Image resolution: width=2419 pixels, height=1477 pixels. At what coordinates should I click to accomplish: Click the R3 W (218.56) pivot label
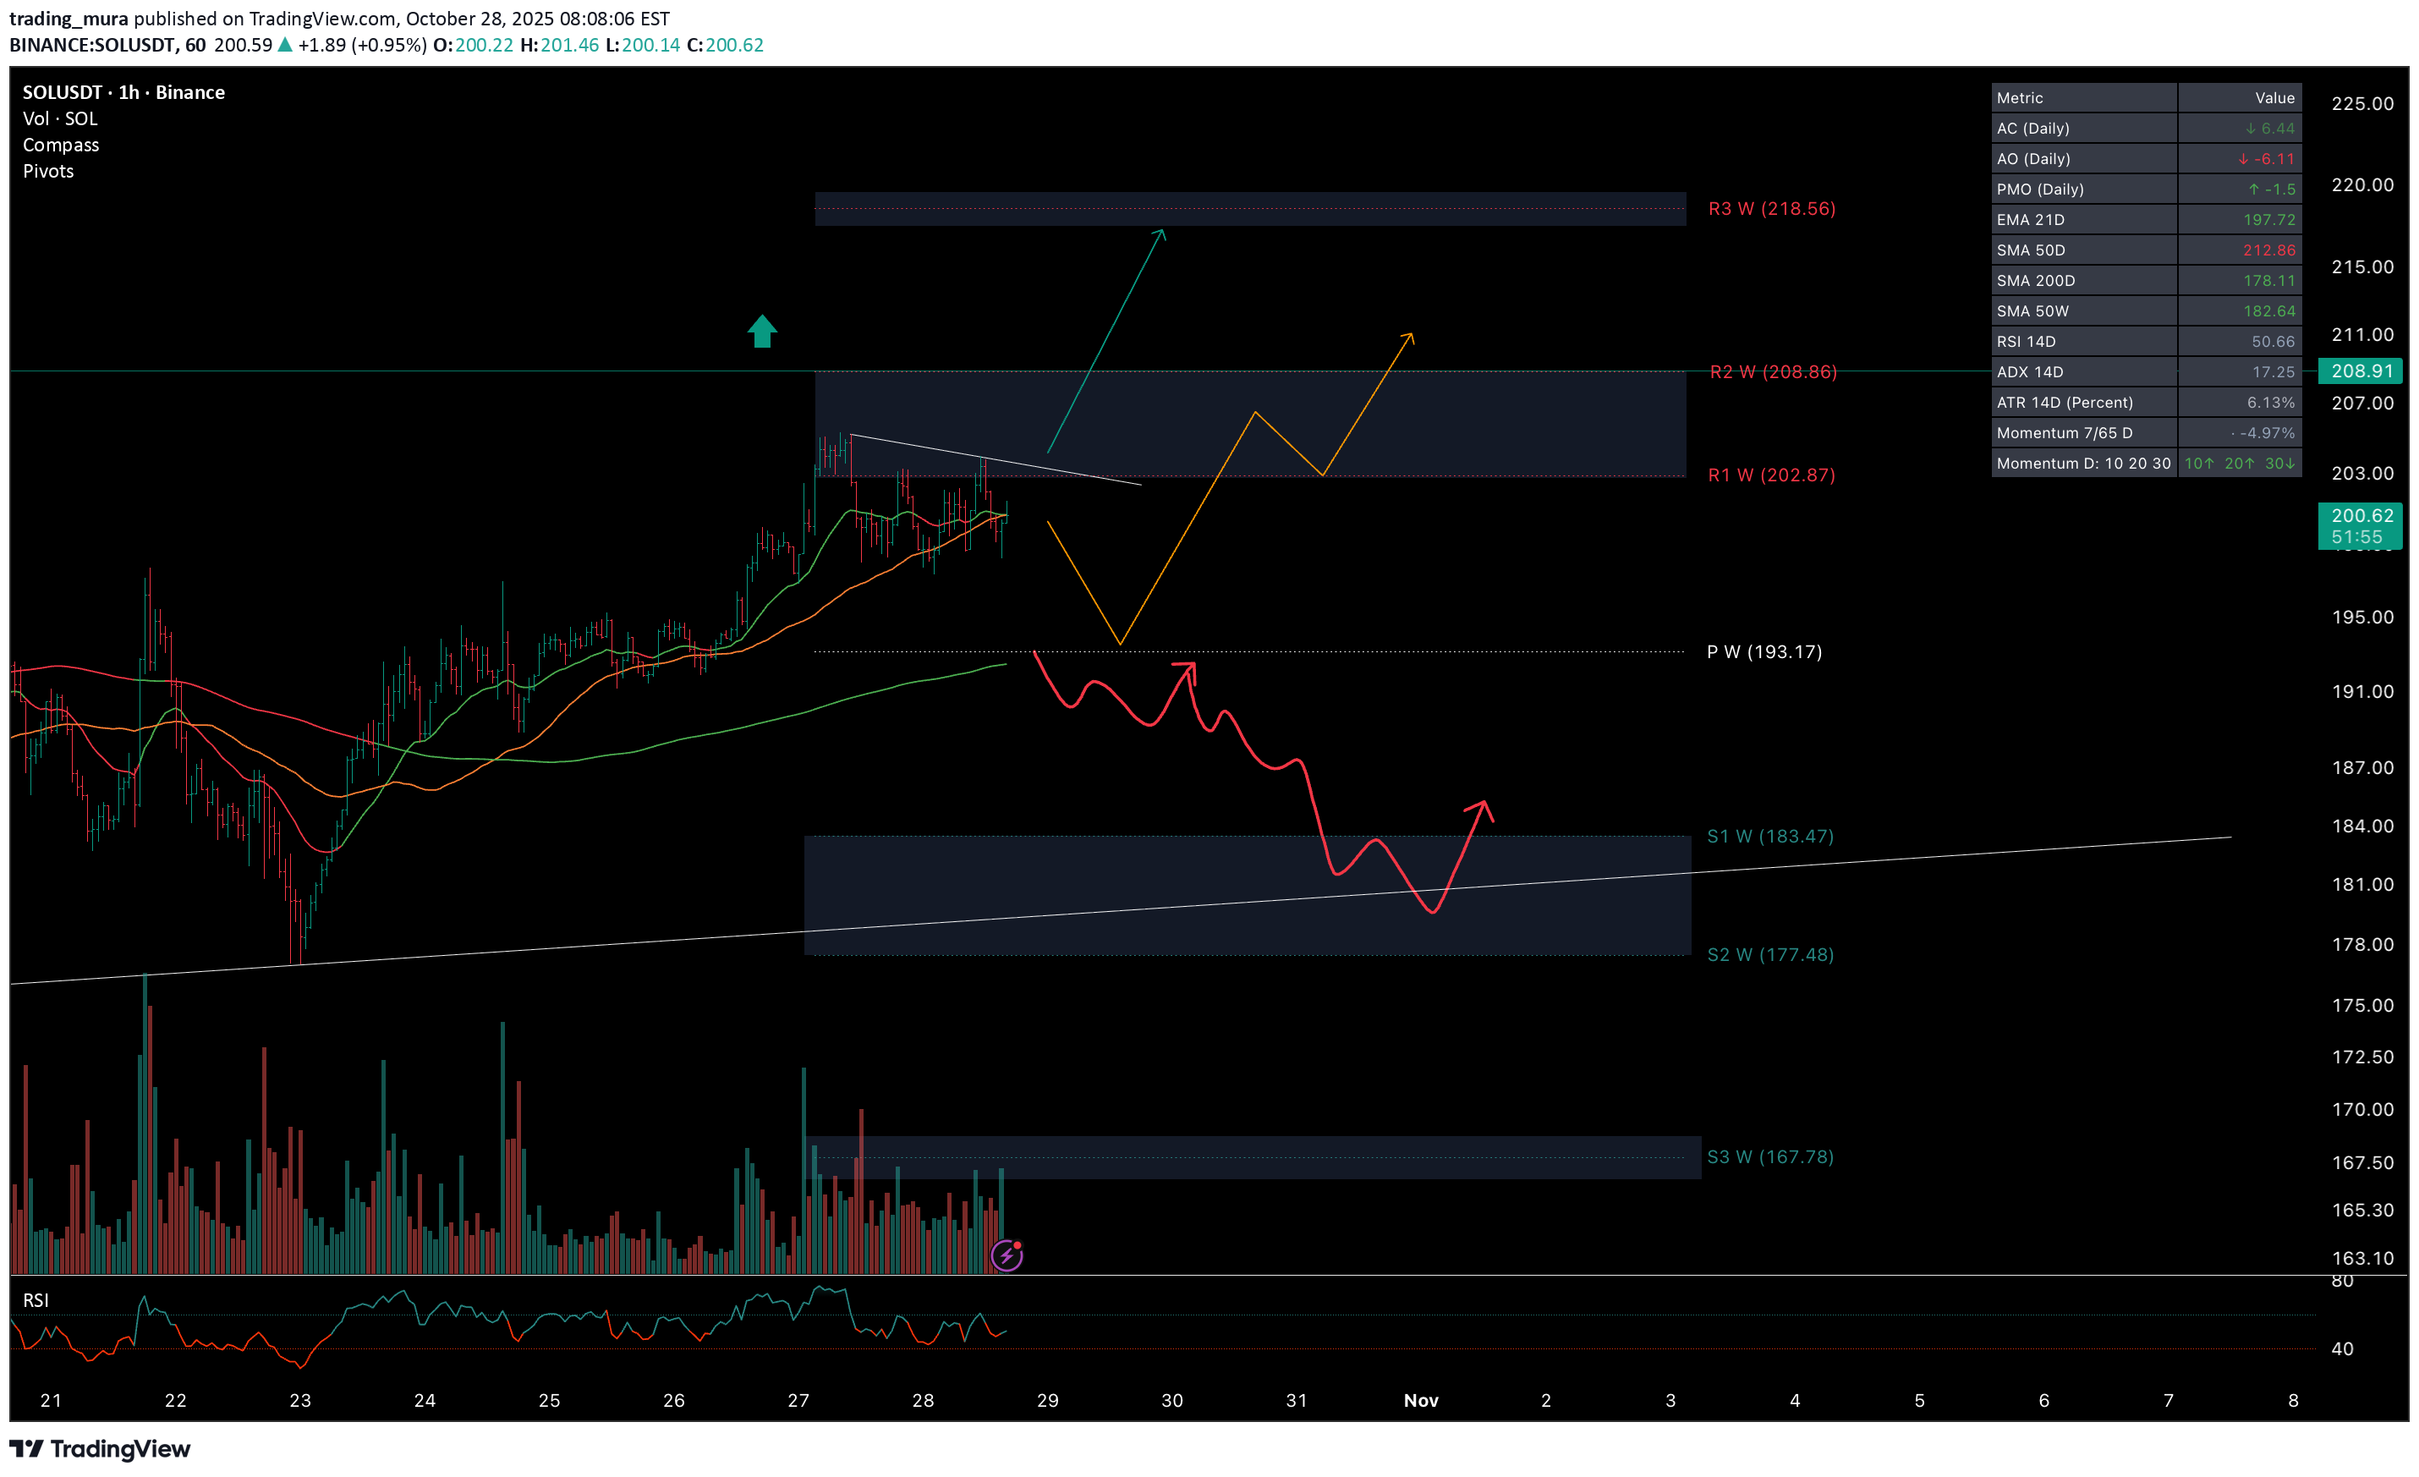[1771, 208]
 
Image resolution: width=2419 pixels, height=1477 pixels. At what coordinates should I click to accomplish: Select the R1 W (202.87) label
[1771, 475]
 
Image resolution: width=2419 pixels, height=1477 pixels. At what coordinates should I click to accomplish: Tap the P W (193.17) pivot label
[1764, 652]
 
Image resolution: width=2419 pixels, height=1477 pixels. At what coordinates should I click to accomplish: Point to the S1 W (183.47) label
[1769, 837]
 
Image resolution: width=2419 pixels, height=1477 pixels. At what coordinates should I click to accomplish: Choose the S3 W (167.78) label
[1769, 1157]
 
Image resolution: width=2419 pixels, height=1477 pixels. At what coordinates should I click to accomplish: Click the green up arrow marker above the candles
[762, 331]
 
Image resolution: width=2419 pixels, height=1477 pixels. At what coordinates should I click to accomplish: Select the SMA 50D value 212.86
[2268, 250]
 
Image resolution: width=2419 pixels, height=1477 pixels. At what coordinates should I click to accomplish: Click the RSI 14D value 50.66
[2272, 342]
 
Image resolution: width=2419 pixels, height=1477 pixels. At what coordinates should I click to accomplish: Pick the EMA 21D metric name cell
[2030, 220]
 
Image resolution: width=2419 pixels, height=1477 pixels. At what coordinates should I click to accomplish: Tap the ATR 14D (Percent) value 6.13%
[2270, 403]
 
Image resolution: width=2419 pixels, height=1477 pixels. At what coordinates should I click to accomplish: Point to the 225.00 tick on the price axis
[2362, 104]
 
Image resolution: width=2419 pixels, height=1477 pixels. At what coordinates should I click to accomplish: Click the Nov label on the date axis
[1421, 1400]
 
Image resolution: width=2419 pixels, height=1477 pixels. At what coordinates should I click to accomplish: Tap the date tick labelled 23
[299, 1400]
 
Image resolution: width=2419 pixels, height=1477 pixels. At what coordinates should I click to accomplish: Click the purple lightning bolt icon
[1007, 1255]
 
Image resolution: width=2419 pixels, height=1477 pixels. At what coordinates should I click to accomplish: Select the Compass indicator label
[61, 146]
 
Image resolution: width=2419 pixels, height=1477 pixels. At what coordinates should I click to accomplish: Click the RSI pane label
[36, 1300]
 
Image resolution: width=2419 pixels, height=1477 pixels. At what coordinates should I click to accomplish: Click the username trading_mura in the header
[69, 19]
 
